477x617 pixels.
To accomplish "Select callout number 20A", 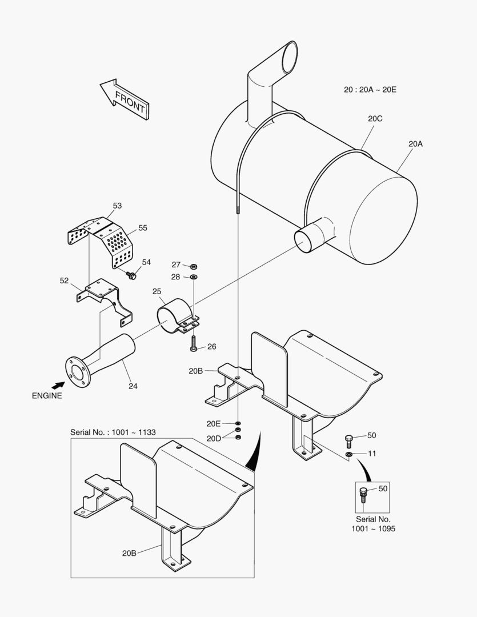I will click(x=415, y=144).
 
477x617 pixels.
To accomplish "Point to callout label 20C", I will click(x=375, y=119).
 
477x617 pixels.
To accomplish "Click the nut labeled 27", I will click(x=194, y=266).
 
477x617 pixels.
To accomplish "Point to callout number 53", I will click(x=117, y=206).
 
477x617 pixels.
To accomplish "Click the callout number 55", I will click(x=142, y=227).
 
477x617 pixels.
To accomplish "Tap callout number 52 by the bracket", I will click(x=65, y=281).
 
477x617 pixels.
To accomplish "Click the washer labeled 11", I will click(x=348, y=454).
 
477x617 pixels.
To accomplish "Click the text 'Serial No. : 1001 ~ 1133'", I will click(x=113, y=432).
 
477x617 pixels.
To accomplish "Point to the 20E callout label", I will click(x=213, y=423).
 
